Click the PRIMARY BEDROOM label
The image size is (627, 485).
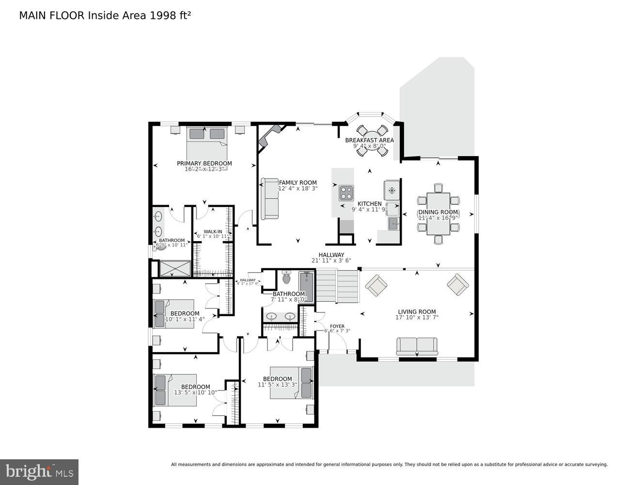click(x=204, y=163)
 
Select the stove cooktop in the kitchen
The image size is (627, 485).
click(x=346, y=193)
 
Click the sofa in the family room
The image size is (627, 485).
click(x=270, y=198)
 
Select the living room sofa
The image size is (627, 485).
click(x=417, y=346)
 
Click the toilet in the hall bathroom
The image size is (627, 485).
click(x=286, y=278)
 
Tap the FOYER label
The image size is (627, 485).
click(x=337, y=326)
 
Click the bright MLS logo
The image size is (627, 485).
click(x=40, y=471)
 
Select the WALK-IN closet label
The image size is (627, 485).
click(x=213, y=232)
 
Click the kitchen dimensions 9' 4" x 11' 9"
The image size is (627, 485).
click(x=369, y=210)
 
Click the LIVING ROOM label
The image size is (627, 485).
click(x=417, y=312)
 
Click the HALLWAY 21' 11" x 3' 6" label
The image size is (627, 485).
click(x=331, y=258)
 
